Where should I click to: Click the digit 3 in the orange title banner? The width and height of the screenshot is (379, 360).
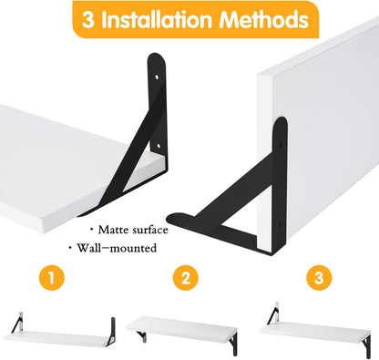click(x=87, y=20)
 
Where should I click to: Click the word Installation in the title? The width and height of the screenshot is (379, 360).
click(x=157, y=19)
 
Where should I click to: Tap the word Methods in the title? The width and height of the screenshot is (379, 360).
click(x=264, y=19)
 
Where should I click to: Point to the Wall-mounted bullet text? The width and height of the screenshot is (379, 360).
click(x=117, y=248)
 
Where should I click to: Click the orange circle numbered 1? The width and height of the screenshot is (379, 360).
click(x=52, y=278)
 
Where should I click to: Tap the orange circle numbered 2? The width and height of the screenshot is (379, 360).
click(x=186, y=278)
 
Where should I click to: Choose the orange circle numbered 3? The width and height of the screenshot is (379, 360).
click(x=319, y=278)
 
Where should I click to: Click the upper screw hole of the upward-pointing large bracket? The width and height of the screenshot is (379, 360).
click(x=157, y=77)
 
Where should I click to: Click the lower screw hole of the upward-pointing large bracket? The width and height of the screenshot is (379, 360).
click(x=159, y=146)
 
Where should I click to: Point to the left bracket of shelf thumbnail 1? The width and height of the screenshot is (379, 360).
click(x=17, y=324)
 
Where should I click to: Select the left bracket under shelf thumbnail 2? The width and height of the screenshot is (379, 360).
click(x=142, y=336)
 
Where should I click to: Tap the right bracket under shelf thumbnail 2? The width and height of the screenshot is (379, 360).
click(x=233, y=344)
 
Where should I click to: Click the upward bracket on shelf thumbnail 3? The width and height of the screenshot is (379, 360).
click(x=273, y=314)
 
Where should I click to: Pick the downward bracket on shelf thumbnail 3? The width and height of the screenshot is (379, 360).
click(x=367, y=347)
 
